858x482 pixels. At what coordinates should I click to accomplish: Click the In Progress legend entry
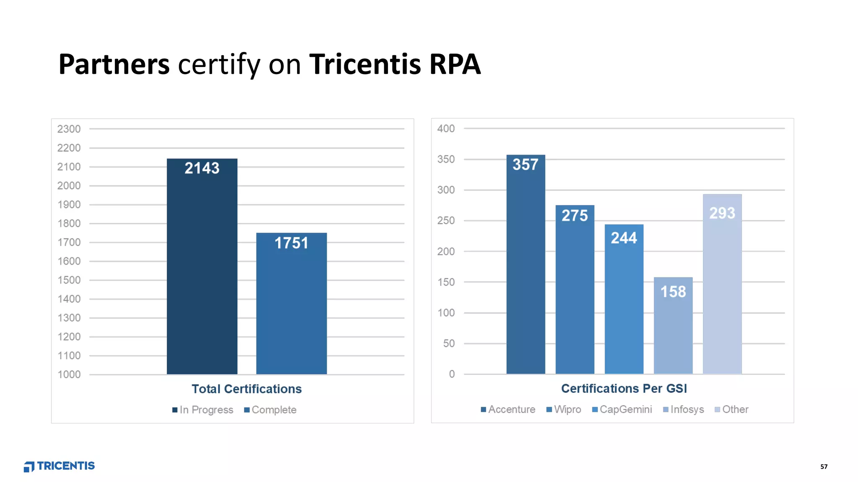pyautogui.click(x=203, y=410)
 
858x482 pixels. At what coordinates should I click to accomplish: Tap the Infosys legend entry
pyautogui.click(x=683, y=409)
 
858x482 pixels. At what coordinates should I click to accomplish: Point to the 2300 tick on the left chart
pyautogui.click(x=69, y=129)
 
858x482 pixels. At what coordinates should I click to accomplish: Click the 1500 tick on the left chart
pyautogui.click(x=69, y=280)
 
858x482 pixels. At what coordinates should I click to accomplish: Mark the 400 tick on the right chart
pyautogui.click(x=446, y=128)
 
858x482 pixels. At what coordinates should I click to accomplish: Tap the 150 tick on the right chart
pyautogui.click(x=446, y=282)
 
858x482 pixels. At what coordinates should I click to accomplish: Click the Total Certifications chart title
pyautogui.click(x=246, y=389)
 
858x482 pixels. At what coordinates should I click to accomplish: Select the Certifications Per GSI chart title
pyautogui.click(x=624, y=388)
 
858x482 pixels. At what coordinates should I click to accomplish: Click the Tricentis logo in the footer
pyautogui.click(x=59, y=466)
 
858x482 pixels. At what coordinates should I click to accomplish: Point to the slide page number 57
pyautogui.click(x=824, y=467)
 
